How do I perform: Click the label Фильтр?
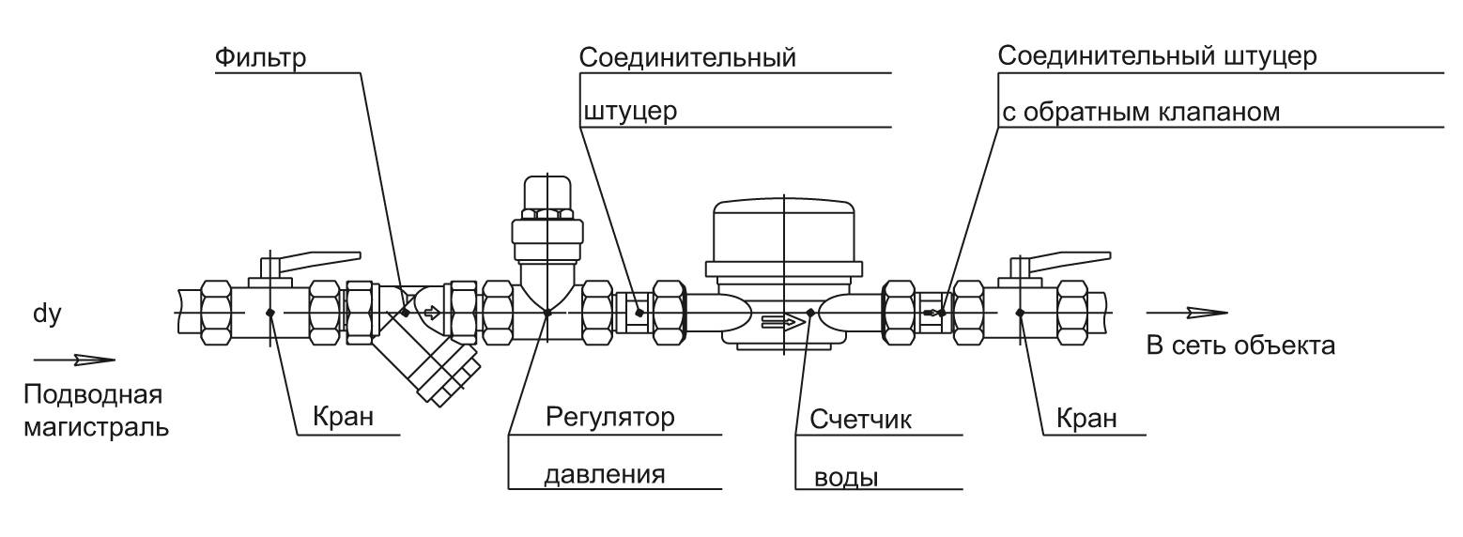[260, 57]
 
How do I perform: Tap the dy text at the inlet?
[47, 315]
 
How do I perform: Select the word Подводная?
[93, 394]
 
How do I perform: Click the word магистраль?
[97, 428]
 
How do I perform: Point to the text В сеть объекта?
[1240, 345]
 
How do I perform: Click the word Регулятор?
[610, 417]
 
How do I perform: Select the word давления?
[605, 474]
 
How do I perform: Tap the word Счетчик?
[860, 420]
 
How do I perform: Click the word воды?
[846, 478]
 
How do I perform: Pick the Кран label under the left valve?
[343, 416]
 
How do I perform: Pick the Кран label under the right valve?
[1086, 418]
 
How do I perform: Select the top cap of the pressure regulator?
[547, 192]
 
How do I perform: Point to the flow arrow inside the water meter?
[784, 321]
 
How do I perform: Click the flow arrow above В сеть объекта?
[1187, 313]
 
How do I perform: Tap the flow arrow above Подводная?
[74, 360]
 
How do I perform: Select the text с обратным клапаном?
[1141, 113]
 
